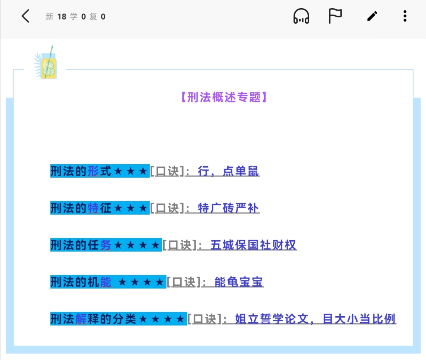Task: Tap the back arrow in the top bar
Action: click(x=26, y=16)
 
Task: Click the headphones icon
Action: click(x=301, y=16)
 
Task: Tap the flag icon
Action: click(x=335, y=16)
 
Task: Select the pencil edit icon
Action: click(x=372, y=16)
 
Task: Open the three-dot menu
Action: click(x=405, y=16)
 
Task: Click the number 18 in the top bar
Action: click(x=62, y=17)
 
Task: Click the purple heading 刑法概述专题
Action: click(x=224, y=97)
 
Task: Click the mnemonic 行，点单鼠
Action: click(x=228, y=171)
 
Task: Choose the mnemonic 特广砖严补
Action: click(x=228, y=208)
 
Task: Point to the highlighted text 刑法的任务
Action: click(x=81, y=245)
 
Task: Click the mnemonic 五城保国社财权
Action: click(x=253, y=245)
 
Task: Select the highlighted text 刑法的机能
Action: click(x=81, y=282)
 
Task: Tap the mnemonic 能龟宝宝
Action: click(x=239, y=282)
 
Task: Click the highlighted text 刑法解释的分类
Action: click(x=93, y=319)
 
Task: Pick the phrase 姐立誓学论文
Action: click(x=272, y=319)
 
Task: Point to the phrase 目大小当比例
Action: click(x=359, y=319)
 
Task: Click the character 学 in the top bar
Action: click(x=73, y=17)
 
